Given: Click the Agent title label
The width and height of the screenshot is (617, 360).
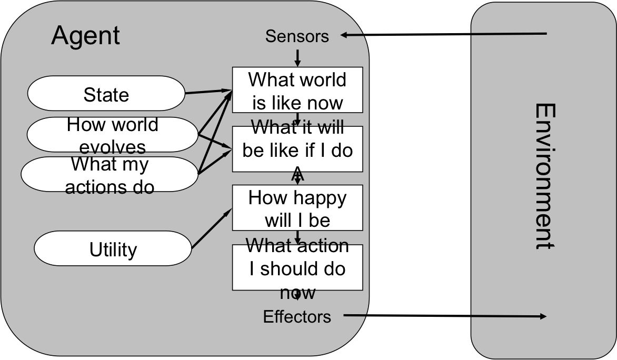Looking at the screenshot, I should pos(85,36).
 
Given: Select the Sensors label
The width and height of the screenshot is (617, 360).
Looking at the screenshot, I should pos(297,36).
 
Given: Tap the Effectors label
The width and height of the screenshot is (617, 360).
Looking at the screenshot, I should pos(297,317).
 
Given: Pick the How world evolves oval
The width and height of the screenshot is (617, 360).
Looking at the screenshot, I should pos(112,135).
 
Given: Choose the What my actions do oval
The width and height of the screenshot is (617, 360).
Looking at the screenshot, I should pos(110,174).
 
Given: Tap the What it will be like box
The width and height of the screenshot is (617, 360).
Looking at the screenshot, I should pos(297,149).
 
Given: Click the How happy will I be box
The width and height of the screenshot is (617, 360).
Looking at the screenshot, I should pos(297,208).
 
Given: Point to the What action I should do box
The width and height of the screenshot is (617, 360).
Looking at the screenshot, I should pos(297,267).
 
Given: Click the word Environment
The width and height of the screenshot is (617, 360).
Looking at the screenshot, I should pos(545,176).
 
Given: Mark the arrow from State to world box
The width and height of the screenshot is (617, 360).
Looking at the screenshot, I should pos(208,92).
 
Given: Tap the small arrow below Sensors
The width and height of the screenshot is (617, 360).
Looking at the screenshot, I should pos(297,57).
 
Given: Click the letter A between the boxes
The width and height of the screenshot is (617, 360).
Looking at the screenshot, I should pos(297,173).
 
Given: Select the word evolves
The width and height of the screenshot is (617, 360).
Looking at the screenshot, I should pos(112,146).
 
